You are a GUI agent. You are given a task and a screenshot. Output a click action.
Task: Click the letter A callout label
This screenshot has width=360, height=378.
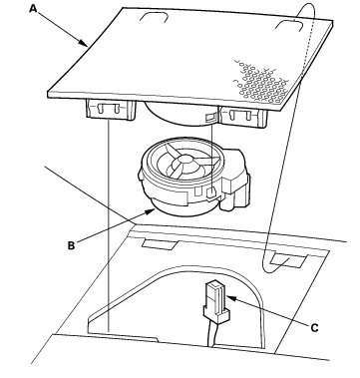(x=33, y=8)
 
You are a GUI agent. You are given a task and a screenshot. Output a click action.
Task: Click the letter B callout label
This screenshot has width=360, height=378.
(x=71, y=245)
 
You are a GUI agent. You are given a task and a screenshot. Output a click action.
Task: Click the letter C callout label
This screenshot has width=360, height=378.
(x=314, y=328)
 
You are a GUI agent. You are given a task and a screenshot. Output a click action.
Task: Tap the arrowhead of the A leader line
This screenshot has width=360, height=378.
(x=84, y=43)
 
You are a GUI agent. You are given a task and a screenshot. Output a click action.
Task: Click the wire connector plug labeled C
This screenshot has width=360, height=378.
(x=216, y=302)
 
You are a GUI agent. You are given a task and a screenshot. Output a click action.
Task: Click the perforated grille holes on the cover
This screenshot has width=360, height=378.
(x=261, y=83)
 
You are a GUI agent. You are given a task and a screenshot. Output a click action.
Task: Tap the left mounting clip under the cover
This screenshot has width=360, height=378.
(x=111, y=109)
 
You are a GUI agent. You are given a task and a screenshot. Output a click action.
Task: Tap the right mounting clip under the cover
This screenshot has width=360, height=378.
(x=243, y=117)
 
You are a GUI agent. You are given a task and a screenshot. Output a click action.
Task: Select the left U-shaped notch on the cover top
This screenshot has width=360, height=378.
(x=154, y=17)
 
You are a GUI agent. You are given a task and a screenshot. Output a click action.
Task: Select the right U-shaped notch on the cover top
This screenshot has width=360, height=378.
(x=289, y=25)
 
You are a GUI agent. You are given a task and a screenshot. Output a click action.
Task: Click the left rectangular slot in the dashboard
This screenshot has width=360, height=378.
(x=160, y=244)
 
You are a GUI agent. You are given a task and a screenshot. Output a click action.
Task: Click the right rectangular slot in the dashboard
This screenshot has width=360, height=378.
(x=288, y=260)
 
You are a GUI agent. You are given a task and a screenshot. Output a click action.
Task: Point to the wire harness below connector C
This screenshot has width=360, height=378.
(x=211, y=335)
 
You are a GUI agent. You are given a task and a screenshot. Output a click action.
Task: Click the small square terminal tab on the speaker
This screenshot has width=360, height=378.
(x=210, y=192)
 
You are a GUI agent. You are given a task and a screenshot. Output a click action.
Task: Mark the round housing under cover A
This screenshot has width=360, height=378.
(x=180, y=115)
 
